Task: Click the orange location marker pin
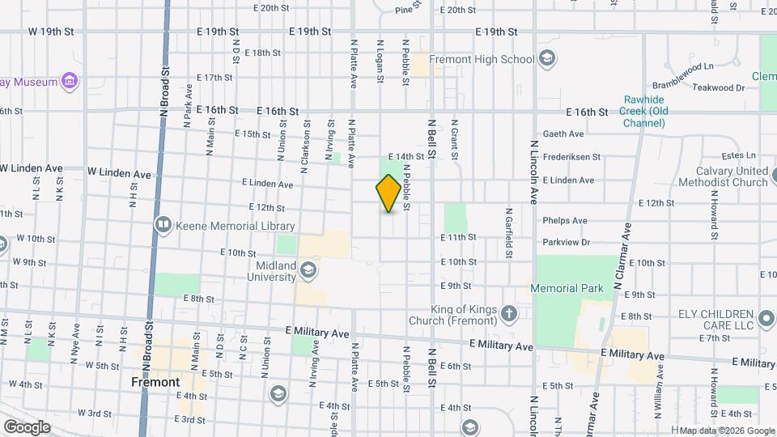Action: (388, 193)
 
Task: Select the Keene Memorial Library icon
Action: (163, 223)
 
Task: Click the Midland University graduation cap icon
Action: (308, 269)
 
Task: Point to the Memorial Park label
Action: (567, 288)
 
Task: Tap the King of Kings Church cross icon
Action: (508, 313)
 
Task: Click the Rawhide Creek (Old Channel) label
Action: (645, 112)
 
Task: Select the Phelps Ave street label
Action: (565, 220)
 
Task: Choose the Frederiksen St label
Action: (571, 157)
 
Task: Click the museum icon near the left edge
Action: (70, 82)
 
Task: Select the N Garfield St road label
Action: (510, 231)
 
